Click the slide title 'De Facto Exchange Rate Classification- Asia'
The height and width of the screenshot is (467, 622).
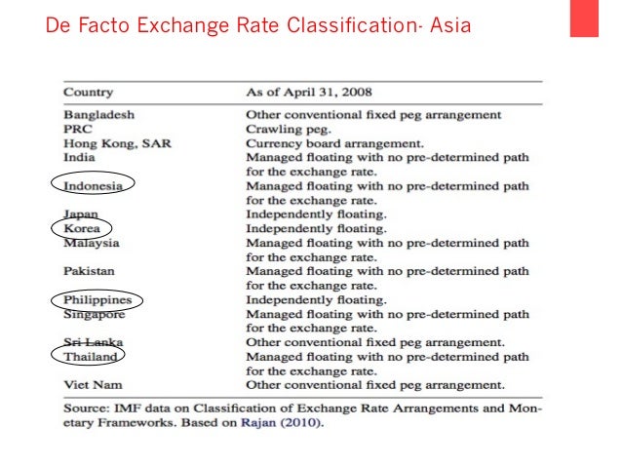click(257, 22)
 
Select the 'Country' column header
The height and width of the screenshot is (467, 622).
click(88, 93)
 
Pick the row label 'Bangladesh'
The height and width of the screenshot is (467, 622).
click(99, 115)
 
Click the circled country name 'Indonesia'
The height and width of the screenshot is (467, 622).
click(94, 185)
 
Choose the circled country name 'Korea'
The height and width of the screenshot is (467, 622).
click(82, 228)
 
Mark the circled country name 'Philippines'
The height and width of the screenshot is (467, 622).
click(97, 300)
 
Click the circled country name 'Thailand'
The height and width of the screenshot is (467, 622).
click(91, 357)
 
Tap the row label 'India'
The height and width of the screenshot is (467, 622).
click(79, 157)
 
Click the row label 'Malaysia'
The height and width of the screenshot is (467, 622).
click(92, 243)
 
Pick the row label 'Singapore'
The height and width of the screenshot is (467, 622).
click(95, 314)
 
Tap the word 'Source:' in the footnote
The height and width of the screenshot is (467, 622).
click(86, 410)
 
